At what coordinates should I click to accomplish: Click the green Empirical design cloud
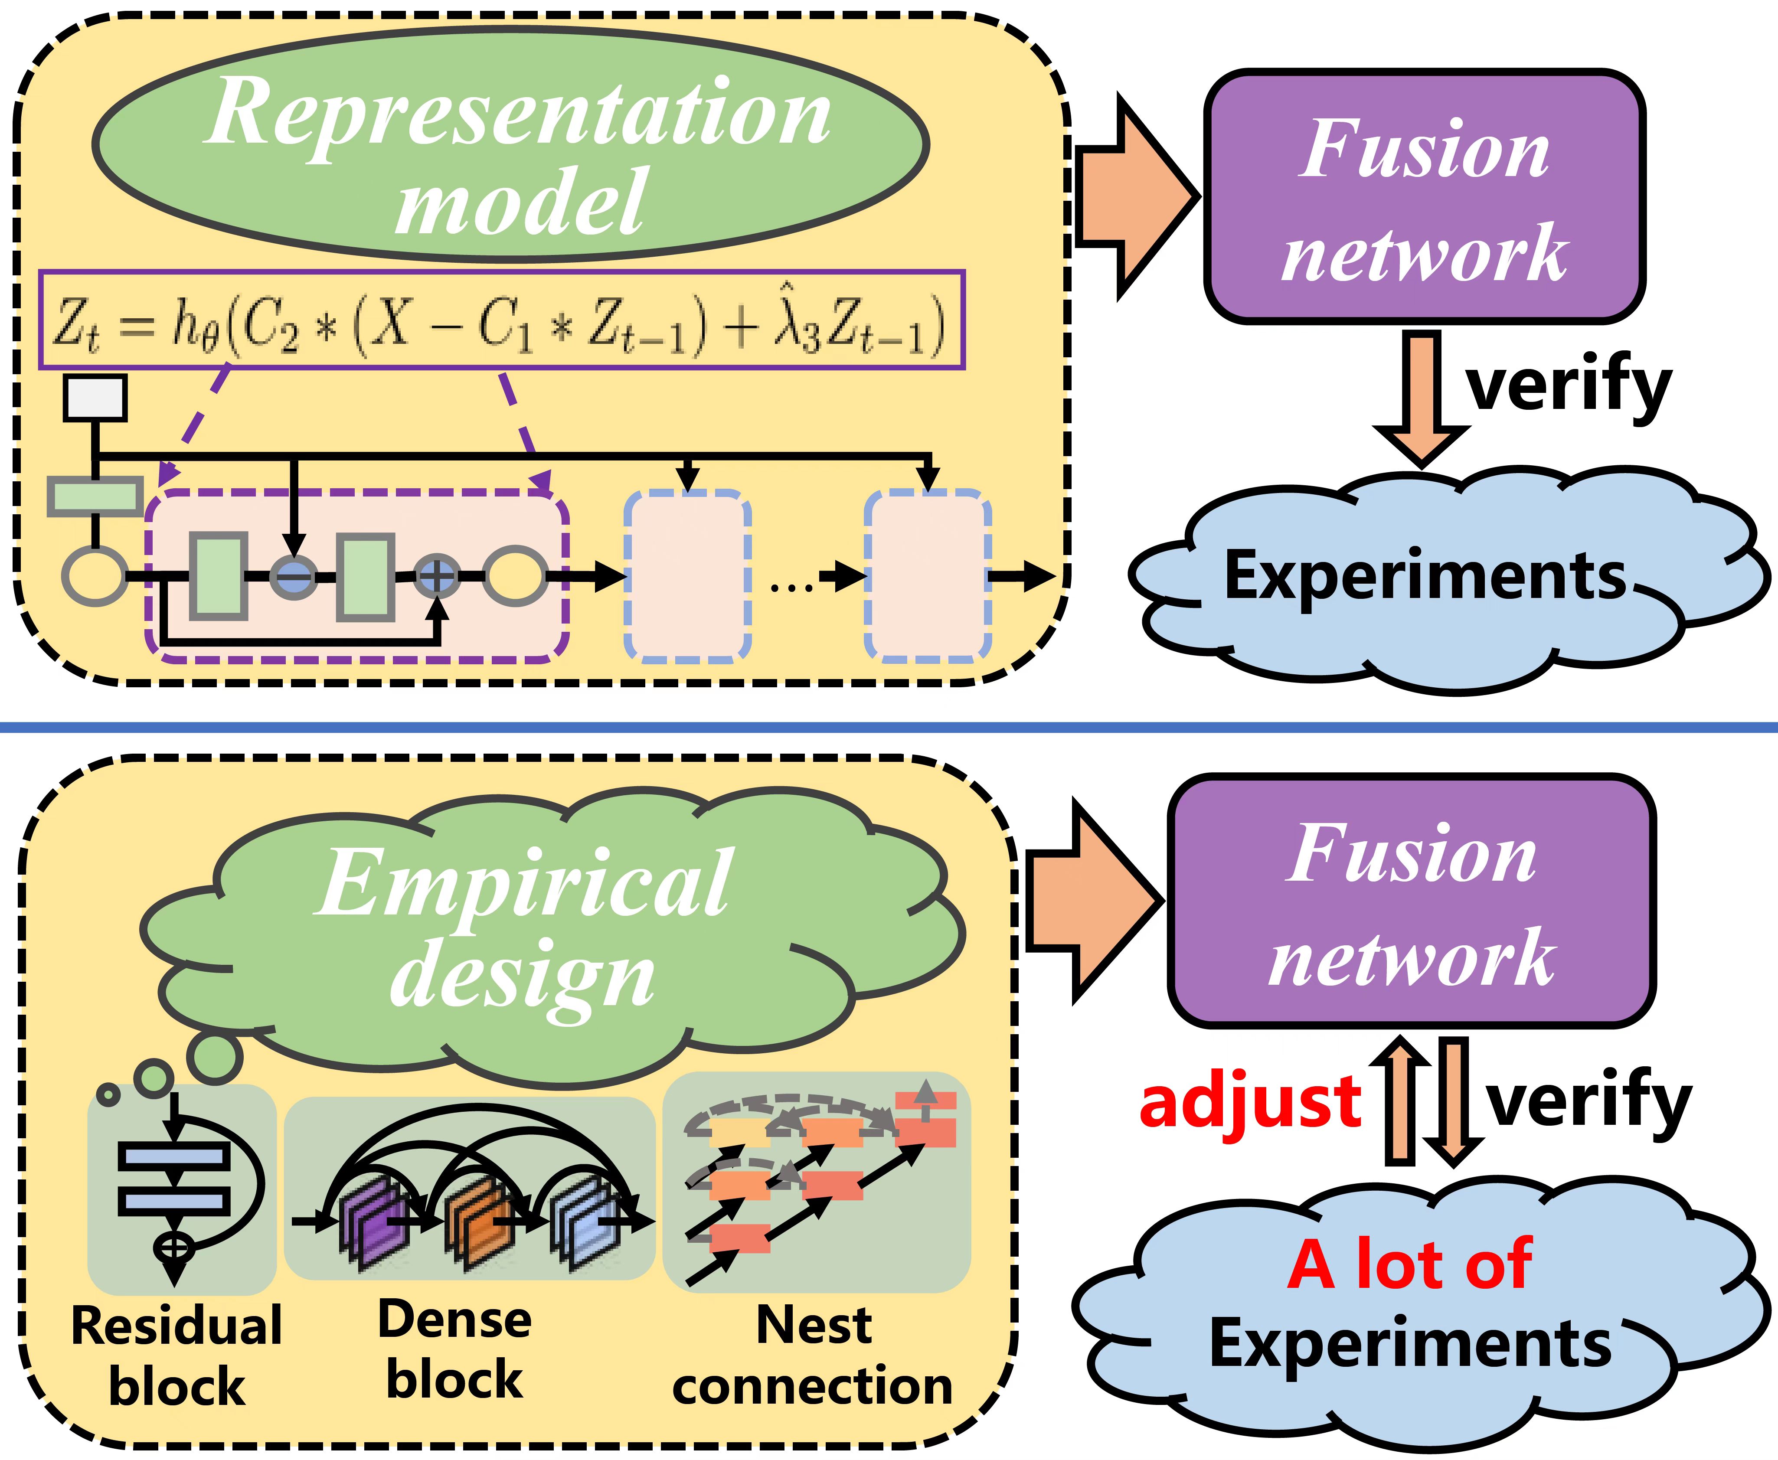(x=538, y=934)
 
